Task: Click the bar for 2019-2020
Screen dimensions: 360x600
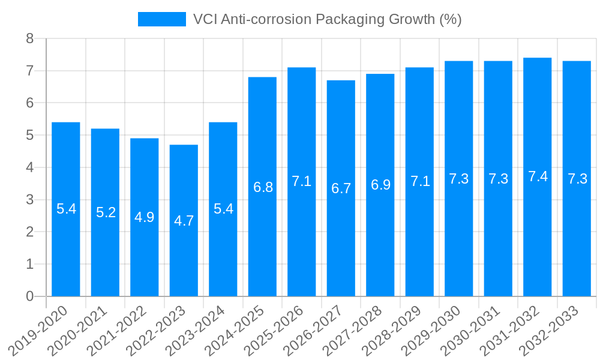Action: [66, 209]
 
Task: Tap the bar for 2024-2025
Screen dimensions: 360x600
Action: [262, 187]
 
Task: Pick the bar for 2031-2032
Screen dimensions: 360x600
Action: [538, 177]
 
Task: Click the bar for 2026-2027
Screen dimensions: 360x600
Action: [341, 188]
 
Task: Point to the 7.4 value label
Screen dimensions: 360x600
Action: [538, 176]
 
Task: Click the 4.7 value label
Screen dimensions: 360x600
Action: [184, 221]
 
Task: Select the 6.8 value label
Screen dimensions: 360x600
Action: [263, 187]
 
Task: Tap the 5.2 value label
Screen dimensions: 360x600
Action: [106, 212]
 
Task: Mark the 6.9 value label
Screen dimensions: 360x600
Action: [380, 185]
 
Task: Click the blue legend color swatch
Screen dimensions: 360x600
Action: [162, 19]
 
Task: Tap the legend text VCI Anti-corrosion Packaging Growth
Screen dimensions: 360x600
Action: [327, 19]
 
